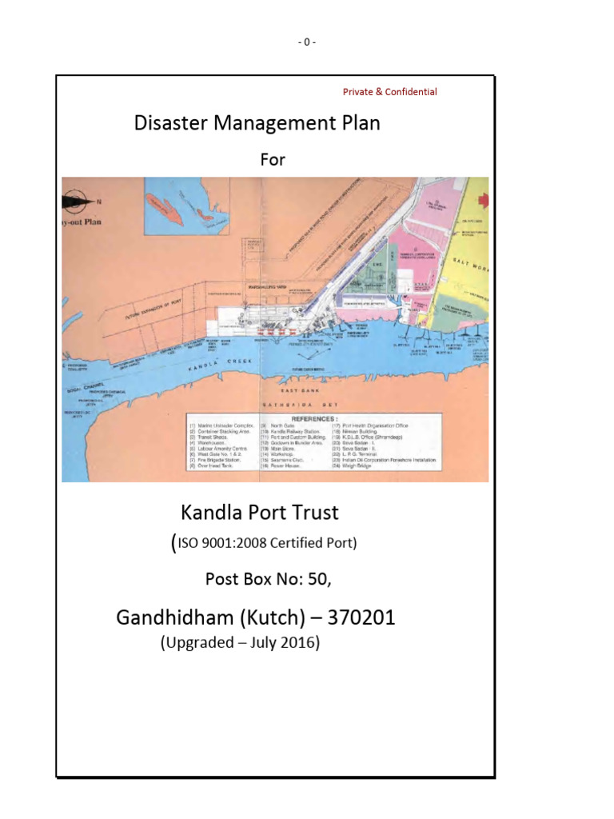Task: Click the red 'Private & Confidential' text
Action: pos(389,92)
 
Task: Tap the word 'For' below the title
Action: pos(273,160)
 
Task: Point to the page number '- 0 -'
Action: pos(307,42)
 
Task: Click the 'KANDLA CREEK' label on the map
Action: pos(208,363)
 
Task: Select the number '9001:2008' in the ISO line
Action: pos(236,544)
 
